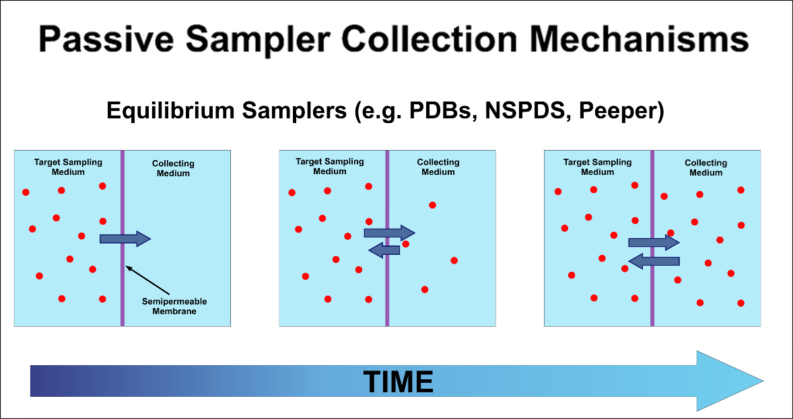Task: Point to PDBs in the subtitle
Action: tap(436, 110)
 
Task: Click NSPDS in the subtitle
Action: tap(532, 110)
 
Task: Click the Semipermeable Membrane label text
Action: tap(174, 306)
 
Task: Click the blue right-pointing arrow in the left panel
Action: tap(125, 238)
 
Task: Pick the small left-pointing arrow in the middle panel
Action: tap(384, 250)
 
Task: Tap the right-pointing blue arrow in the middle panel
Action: tap(389, 233)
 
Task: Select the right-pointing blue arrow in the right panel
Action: tap(654, 242)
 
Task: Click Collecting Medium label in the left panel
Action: tap(173, 168)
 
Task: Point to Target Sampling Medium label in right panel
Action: tap(597, 167)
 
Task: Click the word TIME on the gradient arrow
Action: tap(398, 381)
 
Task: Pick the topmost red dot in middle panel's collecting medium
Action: tap(432, 205)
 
